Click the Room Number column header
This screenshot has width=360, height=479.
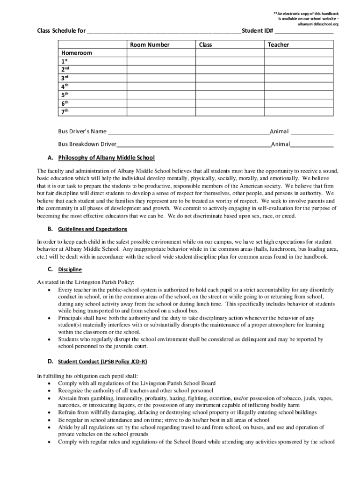pyautogui.click(x=150, y=45)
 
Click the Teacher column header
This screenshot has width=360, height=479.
pyautogui.click(x=278, y=45)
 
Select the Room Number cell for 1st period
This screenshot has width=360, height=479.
pyautogui.click(x=161, y=61)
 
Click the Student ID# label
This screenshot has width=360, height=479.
pyautogui.click(x=258, y=31)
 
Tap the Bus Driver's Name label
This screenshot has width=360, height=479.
pyautogui.click(x=82, y=131)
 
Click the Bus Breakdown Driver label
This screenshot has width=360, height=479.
pyautogui.click(x=87, y=144)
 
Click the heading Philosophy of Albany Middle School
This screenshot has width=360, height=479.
pyautogui.click(x=106, y=158)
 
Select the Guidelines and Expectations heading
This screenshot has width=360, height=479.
pyautogui.click(x=92, y=230)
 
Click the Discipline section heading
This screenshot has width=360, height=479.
pyautogui.click(x=70, y=270)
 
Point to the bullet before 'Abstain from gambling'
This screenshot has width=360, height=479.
pyautogui.click(x=50, y=398)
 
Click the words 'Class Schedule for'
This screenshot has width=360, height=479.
pyautogui.click(x=61, y=31)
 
